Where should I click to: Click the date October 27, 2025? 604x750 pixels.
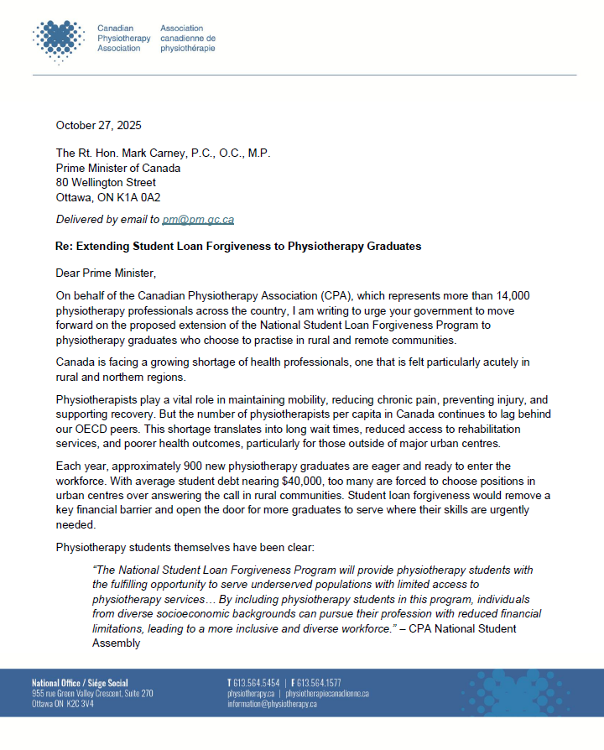tap(98, 126)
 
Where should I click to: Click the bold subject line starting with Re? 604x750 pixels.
tap(238, 247)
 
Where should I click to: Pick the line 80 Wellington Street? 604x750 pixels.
tap(106, 183)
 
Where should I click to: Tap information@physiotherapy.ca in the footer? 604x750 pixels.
tap(272, 704)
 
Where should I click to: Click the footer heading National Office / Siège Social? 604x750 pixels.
tap(81, 683)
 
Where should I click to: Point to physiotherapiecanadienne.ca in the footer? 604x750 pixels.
tap(327, 694)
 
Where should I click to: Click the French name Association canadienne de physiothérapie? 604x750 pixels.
tap(187, 39)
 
